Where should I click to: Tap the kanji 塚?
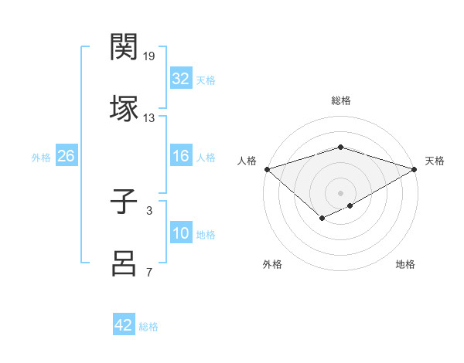tap(125, 107)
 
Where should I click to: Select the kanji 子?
tap(125, 204)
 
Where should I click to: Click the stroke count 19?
tap(150, 56)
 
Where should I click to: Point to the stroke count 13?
tap(149, 118)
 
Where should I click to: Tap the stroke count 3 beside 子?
tap(149, 209)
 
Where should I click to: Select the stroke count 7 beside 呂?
tap(149, 272)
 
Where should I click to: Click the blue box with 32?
tap(181, 79)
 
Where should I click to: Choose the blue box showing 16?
tap(181, 156)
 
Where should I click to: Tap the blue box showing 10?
tap(181, 233)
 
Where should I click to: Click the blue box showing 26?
tap(66, 156)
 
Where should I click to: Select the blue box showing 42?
tap(124, 325)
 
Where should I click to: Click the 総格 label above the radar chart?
tap(341, 100)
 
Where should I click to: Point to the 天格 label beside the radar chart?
tap(435, 161)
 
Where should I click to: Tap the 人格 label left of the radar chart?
tap(247, 161)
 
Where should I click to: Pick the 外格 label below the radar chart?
tap(272, 264)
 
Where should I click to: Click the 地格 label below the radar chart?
tap(405, 264)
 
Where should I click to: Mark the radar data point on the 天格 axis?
tap(415, 169)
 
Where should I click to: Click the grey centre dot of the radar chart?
tap(341, 192)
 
